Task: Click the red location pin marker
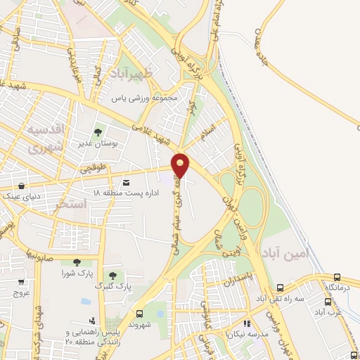181,164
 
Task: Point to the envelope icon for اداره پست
126,182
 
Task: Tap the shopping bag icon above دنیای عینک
22,186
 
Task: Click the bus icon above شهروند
139,314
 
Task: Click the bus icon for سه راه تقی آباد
281,288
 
